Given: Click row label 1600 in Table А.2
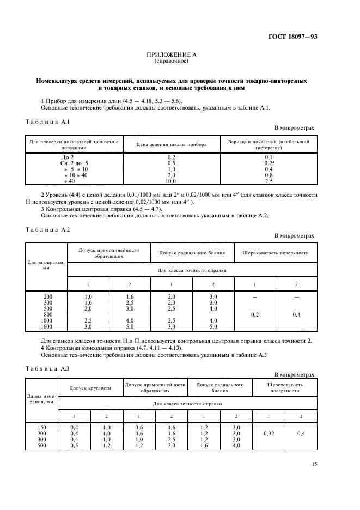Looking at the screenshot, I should click(x=48, y=326).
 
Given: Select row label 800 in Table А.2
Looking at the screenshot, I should click(x=48, y=314).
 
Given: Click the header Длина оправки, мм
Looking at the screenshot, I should click(x=46, y=265).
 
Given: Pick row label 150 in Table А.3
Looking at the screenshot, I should click(x=41, y=427).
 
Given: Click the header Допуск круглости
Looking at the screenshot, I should click(x=90, y=388).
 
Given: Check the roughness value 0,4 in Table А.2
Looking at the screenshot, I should click(x=297, y=314).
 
